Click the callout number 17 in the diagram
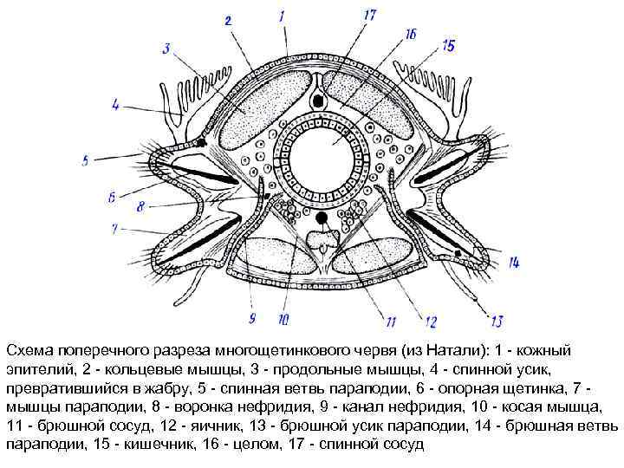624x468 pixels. coord(369,15)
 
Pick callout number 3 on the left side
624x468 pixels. coord(166,48)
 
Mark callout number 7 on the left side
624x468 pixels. coord(113,229)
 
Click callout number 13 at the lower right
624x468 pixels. coord(496,322)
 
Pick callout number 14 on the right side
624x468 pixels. coord(513,261)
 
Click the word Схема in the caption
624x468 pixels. coord(27,349)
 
